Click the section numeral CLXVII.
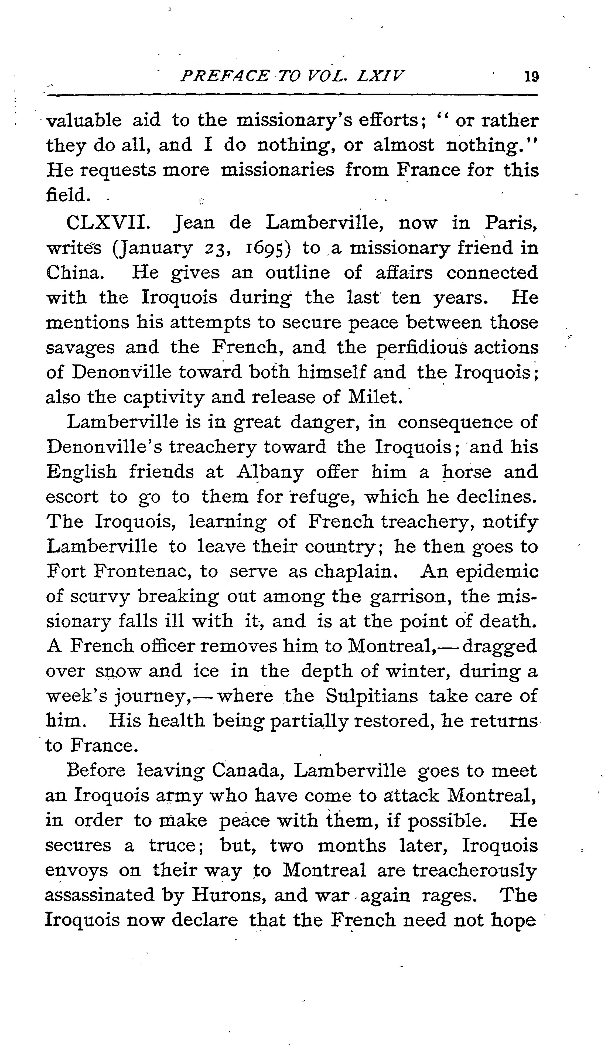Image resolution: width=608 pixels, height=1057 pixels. coord(107,223)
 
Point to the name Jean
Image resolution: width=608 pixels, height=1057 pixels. coord(193,223)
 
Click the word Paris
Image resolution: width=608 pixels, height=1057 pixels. coord(510,223)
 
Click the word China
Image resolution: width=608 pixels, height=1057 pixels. coord(73,273)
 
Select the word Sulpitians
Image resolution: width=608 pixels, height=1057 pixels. coord(372,697)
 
